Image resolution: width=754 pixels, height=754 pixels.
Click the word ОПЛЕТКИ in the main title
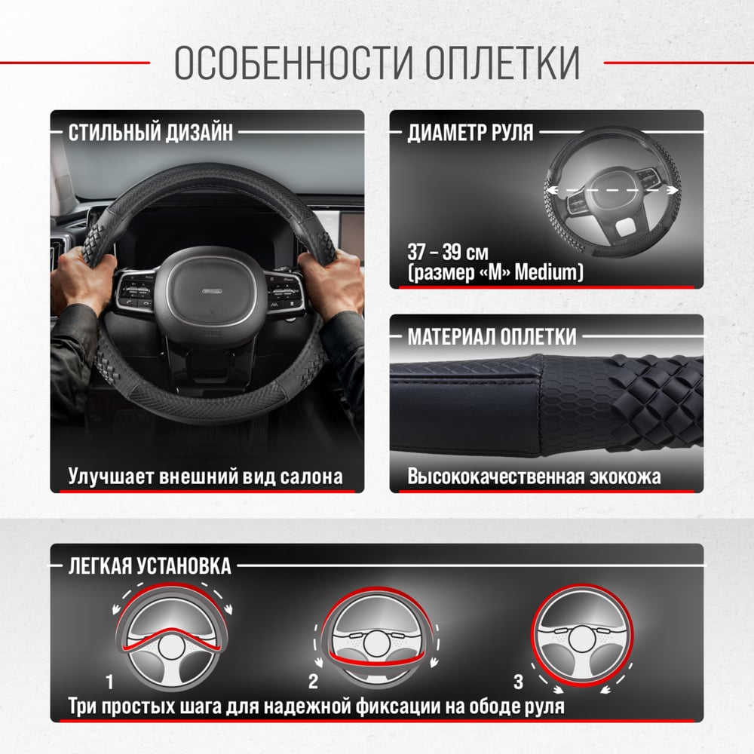pos(502,63)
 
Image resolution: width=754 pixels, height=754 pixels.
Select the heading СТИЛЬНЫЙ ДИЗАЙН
pos(151,133)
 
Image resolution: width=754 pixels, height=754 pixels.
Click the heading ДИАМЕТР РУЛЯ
pos(470,133)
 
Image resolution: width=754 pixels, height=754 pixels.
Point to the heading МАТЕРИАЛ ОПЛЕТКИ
pos(492,336)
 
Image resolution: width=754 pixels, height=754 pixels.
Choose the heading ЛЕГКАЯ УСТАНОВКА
pos(149,566)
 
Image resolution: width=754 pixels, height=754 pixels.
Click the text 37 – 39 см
pos(448,252)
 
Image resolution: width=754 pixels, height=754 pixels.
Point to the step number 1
pos(109,682)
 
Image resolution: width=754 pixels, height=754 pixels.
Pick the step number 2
pos(313,682)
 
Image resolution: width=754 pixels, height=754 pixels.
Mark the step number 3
pos(518,682)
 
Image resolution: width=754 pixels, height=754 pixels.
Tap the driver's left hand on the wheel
pos(86,284)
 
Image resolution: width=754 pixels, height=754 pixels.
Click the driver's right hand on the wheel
pos(331,284)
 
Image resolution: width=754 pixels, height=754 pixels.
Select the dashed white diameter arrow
pos(612,191)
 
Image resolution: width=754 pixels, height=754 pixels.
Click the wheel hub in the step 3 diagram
pos(582,640)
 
